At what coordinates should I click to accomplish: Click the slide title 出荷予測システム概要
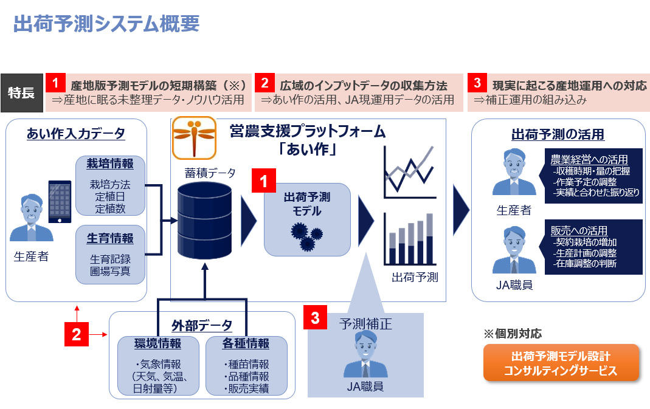[106, 24]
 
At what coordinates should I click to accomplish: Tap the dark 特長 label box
[22, 93]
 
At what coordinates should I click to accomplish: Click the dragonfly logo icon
[194, 137]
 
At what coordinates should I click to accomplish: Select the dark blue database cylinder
[204, 221]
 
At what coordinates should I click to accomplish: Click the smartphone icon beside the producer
[60, 202]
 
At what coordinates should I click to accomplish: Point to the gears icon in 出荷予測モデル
[307, 236]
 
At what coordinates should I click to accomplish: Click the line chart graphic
[410, 172]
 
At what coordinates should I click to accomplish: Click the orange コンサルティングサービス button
[561, 363]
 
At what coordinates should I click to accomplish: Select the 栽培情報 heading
[110, 163]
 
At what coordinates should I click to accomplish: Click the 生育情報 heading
[110, 238]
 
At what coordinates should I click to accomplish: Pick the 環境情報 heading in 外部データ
[157, 343]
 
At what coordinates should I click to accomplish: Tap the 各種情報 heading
[246, 343]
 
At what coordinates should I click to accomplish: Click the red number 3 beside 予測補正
[315, 317]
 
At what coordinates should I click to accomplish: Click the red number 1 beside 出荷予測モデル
[264, 180]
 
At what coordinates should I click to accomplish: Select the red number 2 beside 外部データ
[76, 334]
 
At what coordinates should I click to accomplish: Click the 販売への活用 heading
[579, 230]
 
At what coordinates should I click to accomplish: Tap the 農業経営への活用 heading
[589, 159]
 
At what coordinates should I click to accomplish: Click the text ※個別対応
[513, 334]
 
